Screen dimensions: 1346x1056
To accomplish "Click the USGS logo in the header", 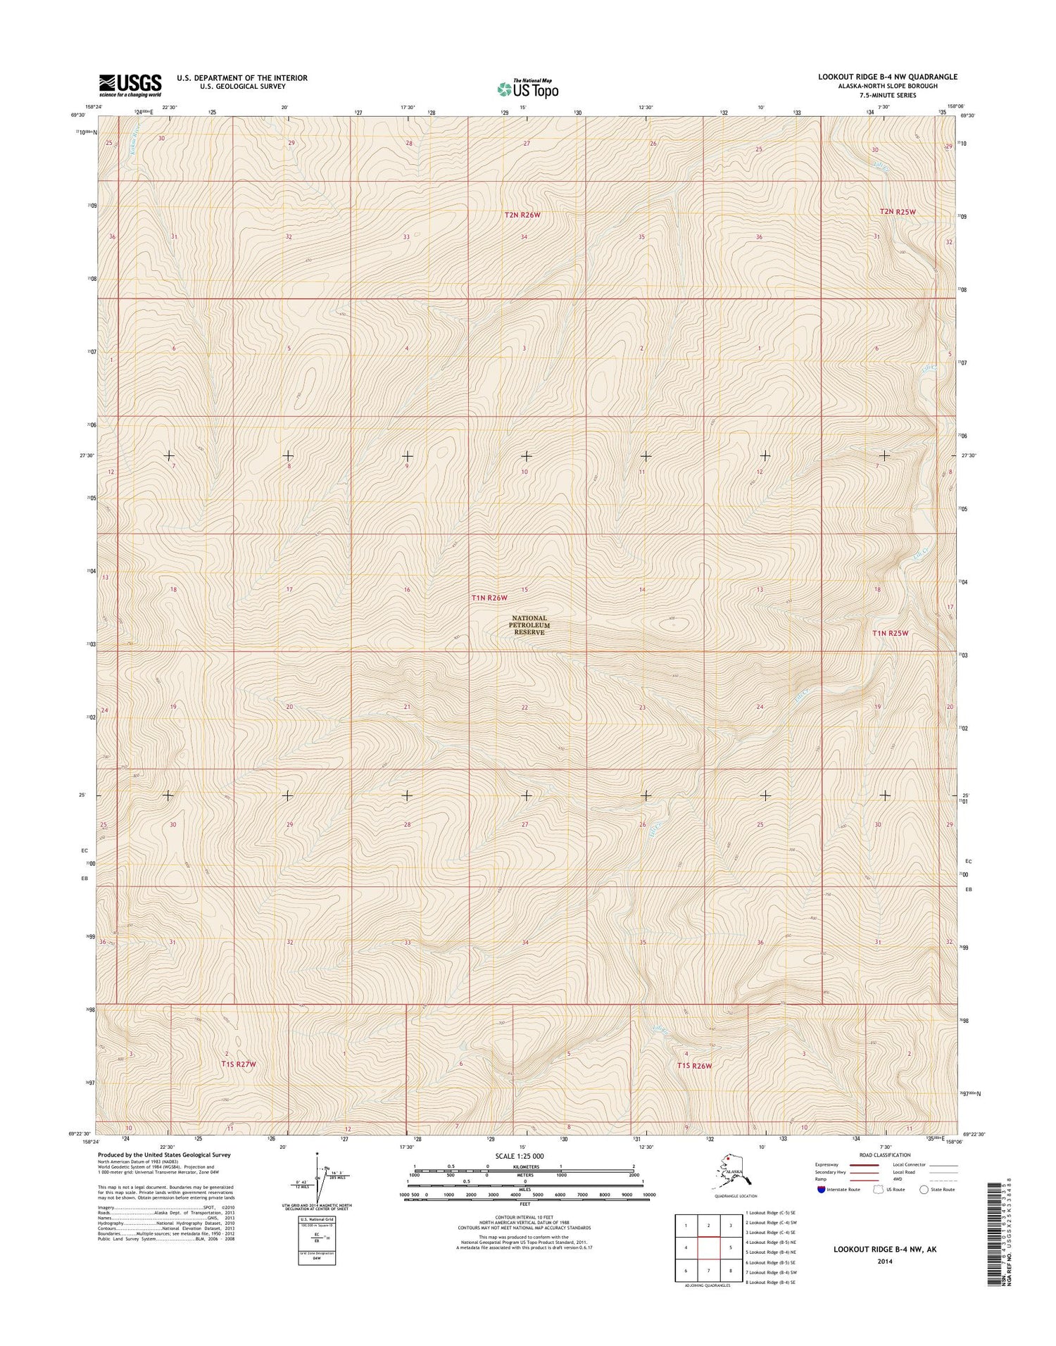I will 130,85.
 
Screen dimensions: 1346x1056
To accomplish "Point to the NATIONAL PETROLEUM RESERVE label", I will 529,625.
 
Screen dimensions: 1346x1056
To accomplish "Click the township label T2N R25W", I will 897,211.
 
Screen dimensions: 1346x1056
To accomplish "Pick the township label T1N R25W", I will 891,633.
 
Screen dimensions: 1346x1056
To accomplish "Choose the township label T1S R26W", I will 694,1066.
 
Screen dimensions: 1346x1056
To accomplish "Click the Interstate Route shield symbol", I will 822,1190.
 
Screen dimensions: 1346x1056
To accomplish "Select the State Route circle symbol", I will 924,1190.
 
